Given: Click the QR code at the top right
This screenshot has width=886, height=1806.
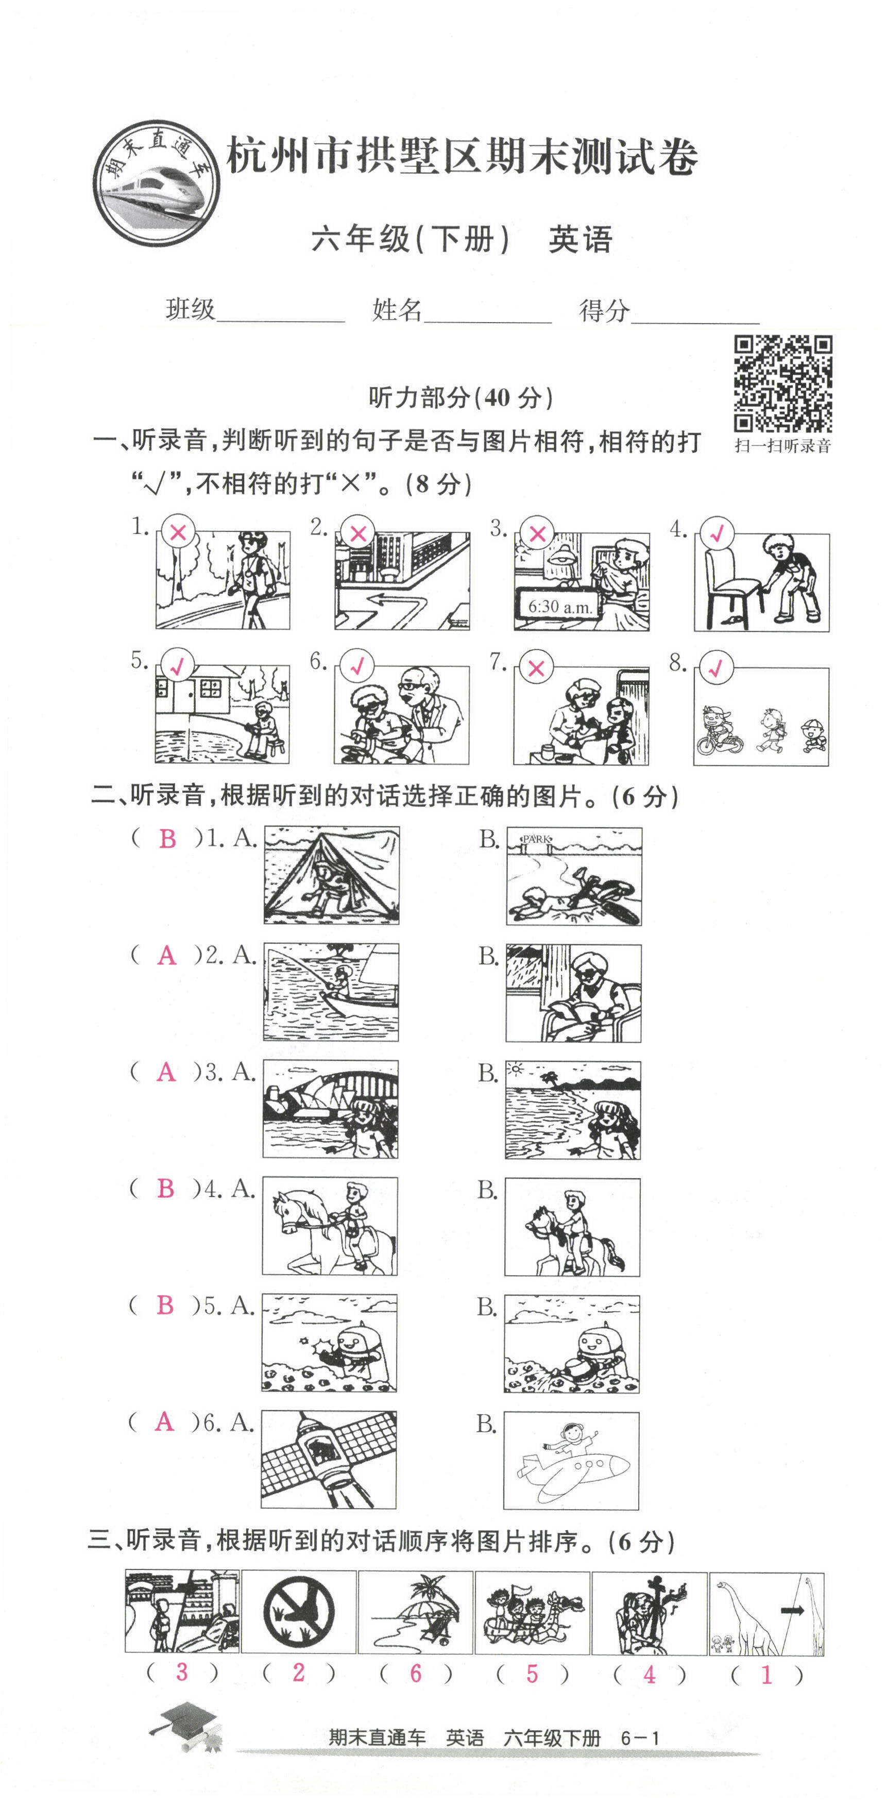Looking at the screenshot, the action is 782,383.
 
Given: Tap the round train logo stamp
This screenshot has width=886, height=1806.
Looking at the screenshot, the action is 156,183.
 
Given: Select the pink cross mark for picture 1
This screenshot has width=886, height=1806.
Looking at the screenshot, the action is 178,533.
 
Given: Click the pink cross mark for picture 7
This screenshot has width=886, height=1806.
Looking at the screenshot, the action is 536,668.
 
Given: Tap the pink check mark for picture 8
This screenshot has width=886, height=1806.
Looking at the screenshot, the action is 715,668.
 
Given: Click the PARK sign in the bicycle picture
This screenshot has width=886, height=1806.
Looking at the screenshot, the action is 536,839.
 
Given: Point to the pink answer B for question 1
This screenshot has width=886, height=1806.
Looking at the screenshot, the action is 167,839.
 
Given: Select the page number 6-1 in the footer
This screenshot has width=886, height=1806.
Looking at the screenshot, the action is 640,1738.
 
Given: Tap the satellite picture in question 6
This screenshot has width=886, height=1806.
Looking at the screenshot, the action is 328,1460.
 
